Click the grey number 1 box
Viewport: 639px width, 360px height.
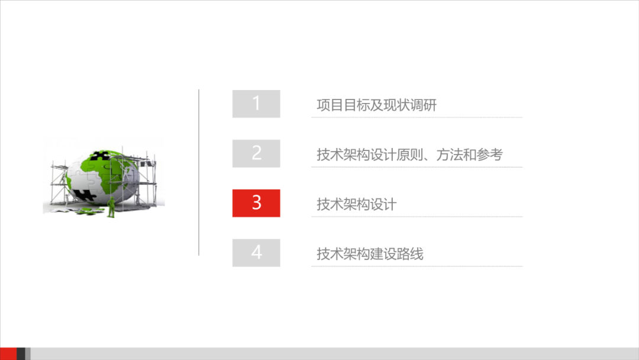(x=256, y=104)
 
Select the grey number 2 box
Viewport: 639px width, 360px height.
(x=256, y=153)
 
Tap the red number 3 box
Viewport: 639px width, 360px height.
(x=256, y=203)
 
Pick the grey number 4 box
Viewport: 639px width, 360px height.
(x=256, y=253)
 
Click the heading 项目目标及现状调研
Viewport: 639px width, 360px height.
(x=376, y=105)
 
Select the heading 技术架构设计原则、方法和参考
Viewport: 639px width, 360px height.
(x=409, y=155)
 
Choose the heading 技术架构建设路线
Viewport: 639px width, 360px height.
(x=370, y=255)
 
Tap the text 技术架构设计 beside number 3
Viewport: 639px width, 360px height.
(x=356, y=205)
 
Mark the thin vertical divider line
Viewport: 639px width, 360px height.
(x=199, y=172)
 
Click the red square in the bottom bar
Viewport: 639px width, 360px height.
(x=8, y=353)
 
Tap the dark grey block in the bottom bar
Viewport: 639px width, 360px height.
(x=21, y=353)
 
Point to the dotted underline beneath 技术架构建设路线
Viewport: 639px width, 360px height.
(x=417, y=266)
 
